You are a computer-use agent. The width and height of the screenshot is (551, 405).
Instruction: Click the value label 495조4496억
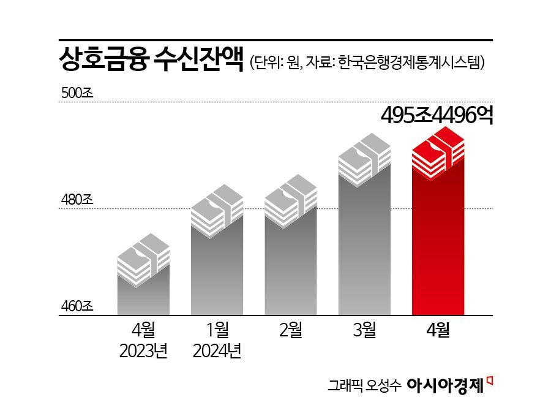(x=437, y=115)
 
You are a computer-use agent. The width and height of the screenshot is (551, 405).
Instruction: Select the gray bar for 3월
(x=364, y=245)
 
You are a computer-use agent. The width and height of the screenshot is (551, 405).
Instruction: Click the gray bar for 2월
(x=290, y=263)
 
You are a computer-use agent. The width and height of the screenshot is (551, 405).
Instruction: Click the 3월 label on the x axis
(x=364, y=331)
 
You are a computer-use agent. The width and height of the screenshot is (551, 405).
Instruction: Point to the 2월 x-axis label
(x=291, y=331)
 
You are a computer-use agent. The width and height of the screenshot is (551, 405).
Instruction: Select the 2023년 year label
(x=143, y=352)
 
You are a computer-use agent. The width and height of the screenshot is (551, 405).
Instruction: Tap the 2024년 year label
(x=217, y=352)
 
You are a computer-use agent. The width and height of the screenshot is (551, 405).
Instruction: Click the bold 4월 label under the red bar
(x=438, y=331)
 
